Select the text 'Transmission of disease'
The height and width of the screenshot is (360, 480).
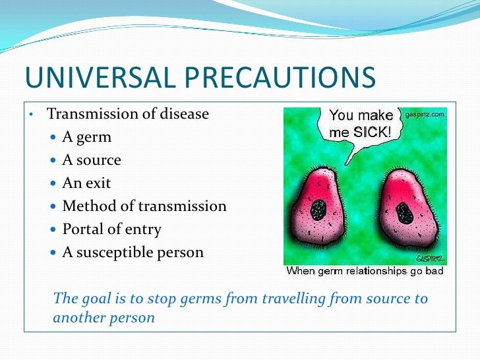127,114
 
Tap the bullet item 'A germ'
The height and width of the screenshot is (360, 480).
86,137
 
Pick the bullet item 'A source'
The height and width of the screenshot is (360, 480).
92,160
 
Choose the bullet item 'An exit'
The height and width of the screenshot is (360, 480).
86,183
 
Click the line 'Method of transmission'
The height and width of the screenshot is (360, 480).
144,206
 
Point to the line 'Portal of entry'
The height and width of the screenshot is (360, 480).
111,229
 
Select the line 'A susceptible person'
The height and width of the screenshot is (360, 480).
133,253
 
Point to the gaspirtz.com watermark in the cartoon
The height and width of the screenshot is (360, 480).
424,114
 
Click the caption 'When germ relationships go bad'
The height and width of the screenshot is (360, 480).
365,271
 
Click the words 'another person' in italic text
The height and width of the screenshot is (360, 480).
104,317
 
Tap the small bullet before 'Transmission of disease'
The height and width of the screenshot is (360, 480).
31,115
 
